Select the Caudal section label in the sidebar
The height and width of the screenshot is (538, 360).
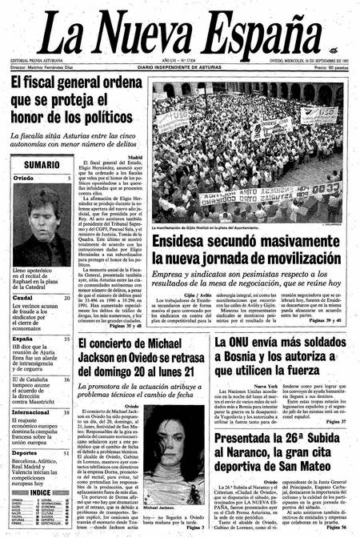tap(22, 298)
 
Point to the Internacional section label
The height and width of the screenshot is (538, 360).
tap(31, 412)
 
